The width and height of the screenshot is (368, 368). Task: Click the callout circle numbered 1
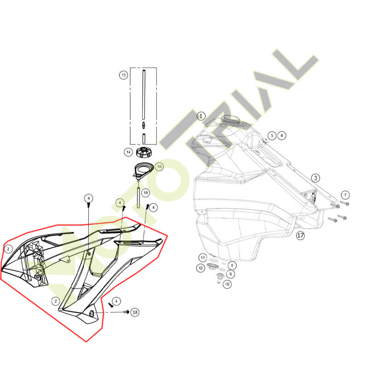click(201, 116)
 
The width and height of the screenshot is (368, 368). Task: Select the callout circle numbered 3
click(316, 178)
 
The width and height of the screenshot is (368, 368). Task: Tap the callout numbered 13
click(123, 75)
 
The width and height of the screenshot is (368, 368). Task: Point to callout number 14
click(128, 152)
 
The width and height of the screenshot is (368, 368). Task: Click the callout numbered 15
click(159, 167)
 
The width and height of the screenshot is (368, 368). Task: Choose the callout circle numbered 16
click(145, 193)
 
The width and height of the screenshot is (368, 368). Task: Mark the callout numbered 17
click(300, 235)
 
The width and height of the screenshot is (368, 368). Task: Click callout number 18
click(135, 312)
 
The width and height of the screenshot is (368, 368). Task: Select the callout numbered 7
click(345, 195)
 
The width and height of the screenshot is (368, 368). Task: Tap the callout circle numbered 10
click(227, 284)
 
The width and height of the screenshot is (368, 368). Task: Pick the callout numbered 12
click(201, 268)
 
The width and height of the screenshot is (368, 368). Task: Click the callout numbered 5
click(272, 135)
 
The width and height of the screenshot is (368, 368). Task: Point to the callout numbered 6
click(282, 135)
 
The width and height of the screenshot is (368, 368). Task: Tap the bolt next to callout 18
click(127, 312)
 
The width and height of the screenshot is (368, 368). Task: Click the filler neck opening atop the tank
click(230, 120)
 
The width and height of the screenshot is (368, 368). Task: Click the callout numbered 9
click(230, 274)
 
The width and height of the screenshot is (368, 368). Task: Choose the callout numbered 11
click(203, 258)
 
